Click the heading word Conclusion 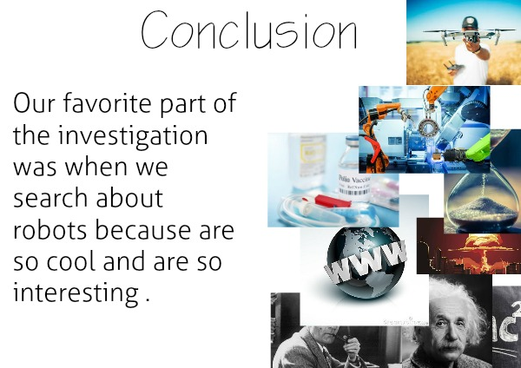click(x=249, y=30)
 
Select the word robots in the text click(x=49, y=230)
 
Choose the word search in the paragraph click(x=50, y=198)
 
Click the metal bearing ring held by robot click(x=428, y=128)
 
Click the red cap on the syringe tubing click(x=328, y=200)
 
